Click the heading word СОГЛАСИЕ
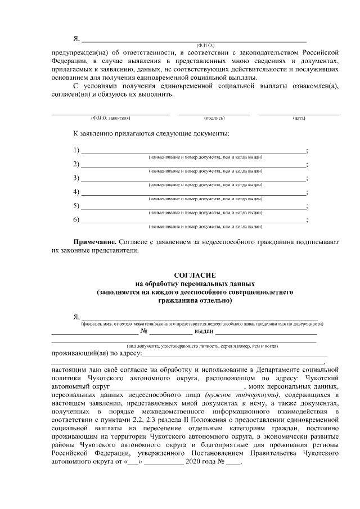pyautogui.click(x=195, y=276)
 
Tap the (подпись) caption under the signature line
pyautogui.click(x=214, y=119)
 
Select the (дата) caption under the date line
pyautogui.click(x=299, y=119)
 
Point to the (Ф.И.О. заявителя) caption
pyautogui.click(x=110, y=119)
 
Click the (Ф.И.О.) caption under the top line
pyautogui.click(x=205, y=44)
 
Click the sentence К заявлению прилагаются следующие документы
pyautogui.click(x=151, y=134)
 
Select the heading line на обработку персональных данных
pyautogui.click(x=195, y=284)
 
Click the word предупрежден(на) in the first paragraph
pyautogui.click(x=78, y=51)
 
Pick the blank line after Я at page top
pyautogui.click(x=194, y=39)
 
